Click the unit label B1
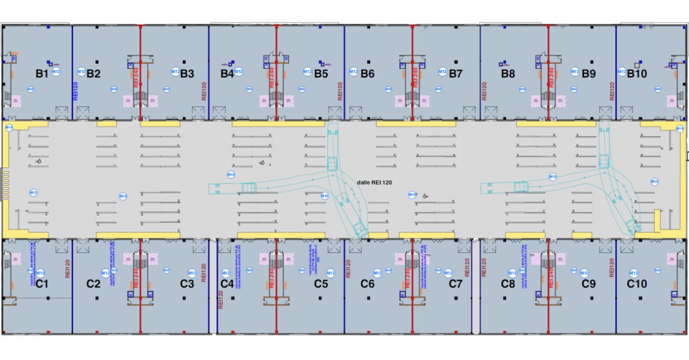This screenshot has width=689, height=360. [42, 74]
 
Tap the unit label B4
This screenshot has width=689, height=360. [227, 74]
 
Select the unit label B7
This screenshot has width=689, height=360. [456, 74]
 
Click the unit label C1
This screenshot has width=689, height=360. [42, 284]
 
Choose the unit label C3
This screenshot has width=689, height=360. [187, 284]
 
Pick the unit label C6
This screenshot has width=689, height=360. [367, 284]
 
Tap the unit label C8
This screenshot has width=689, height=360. [508, 284]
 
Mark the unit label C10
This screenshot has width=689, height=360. [637, 284]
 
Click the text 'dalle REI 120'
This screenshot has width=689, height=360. [374, 183]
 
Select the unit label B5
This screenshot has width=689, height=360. [321, 74]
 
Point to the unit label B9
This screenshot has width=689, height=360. [589, 74]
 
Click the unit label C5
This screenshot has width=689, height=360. [321, 284]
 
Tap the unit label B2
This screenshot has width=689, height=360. [94, 74]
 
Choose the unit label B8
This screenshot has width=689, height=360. [508, 74]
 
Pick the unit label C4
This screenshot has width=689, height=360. [227, 284]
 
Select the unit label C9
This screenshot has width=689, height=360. [589, 284]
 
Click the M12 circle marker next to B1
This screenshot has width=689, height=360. [56, 72]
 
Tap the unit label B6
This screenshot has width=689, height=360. [367, 74]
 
